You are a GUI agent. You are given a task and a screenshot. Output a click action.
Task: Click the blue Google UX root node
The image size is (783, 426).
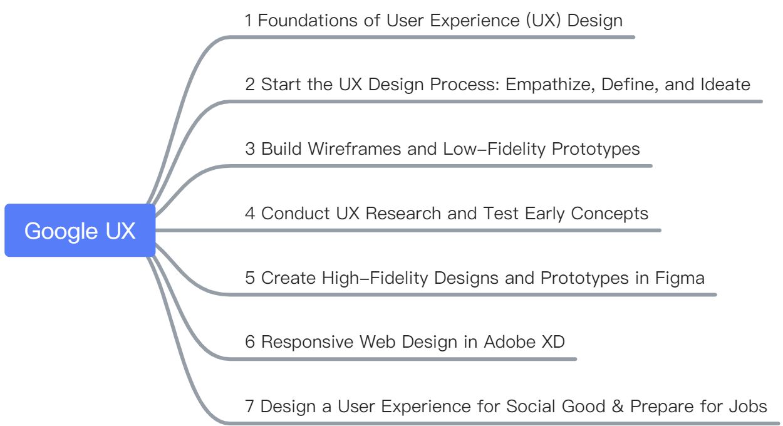pyautogui.click(x=80, y=231)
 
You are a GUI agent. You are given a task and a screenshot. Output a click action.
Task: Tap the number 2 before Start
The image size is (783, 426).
pyautogui.click(x=250, y=85)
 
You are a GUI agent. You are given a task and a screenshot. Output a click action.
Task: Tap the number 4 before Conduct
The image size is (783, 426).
pyautogui.click(x=250, y=214)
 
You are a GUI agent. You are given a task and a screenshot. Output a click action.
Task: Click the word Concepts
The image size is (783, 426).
pyautogui.click(x=611, y=214)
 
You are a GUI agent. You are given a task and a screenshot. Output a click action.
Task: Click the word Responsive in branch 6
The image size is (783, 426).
pyautogui.click(x=307, y=342)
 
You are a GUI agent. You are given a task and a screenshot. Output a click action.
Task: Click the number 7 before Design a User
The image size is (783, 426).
pyautogui.click(x=250, y=407)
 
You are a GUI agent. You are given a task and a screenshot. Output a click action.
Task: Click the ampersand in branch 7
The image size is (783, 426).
pyautogui.click(x=618, y=407)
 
